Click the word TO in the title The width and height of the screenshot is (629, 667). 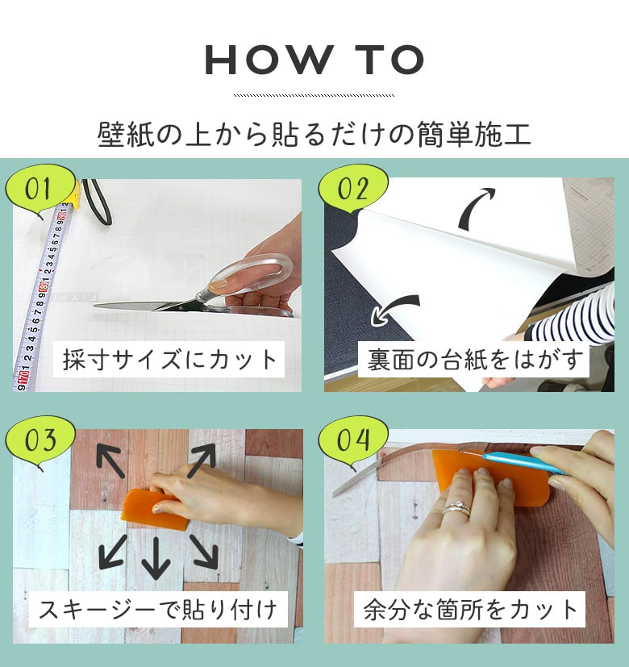click(390, 60)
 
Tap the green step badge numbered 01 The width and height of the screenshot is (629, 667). click(40, 190)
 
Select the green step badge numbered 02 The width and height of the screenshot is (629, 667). click(353, 190)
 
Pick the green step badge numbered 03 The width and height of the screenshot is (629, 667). click(40, 440)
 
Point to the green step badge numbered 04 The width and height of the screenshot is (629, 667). click(353, 440)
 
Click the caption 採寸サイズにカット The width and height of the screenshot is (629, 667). click(169, 360)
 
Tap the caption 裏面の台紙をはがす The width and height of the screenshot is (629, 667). click(473, 360)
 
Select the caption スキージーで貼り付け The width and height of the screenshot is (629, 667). click(158, 610)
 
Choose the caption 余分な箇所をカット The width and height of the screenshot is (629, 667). click(470, 610)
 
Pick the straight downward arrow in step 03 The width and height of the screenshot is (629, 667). click(156, 557)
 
